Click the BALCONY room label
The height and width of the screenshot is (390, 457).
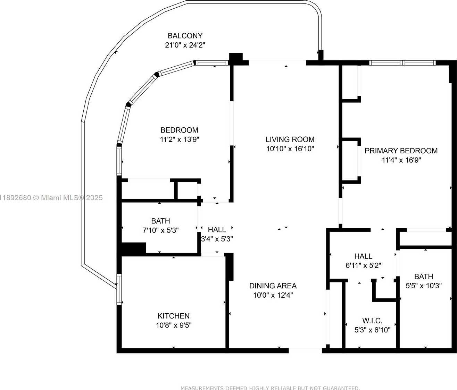coord(185,36)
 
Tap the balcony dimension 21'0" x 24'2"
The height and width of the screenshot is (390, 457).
coord(185,45)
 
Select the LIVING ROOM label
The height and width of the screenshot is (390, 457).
coord(290,139)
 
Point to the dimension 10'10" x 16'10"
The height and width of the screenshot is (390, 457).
coord(290,149)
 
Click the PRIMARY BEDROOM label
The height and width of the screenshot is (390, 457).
coord(401,151)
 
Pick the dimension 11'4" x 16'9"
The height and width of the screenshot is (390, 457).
coord(401,160)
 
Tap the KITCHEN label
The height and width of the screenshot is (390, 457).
coord(174,316)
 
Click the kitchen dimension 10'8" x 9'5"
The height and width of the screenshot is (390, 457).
coord(174,325)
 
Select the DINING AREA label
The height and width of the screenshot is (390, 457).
coord(273,286)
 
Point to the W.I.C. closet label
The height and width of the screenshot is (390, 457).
coord(372,321)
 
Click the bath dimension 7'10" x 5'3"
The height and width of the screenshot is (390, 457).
coord(160,230)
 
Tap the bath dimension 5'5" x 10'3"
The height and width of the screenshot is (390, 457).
coord(424,286)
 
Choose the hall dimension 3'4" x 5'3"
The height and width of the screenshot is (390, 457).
coord(217,239)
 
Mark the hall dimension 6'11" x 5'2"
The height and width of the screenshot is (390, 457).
coord(363,265)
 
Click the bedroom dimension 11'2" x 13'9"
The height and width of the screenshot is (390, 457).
coord(180,139)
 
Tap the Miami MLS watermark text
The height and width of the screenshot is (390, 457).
coord(51,197)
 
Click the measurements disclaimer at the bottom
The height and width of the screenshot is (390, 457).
coord(270,388)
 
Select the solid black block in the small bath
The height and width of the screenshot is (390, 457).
coord(134,248)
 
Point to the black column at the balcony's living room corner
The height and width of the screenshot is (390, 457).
coord(236,58)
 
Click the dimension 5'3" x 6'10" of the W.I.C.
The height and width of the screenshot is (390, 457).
coord(372,330)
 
